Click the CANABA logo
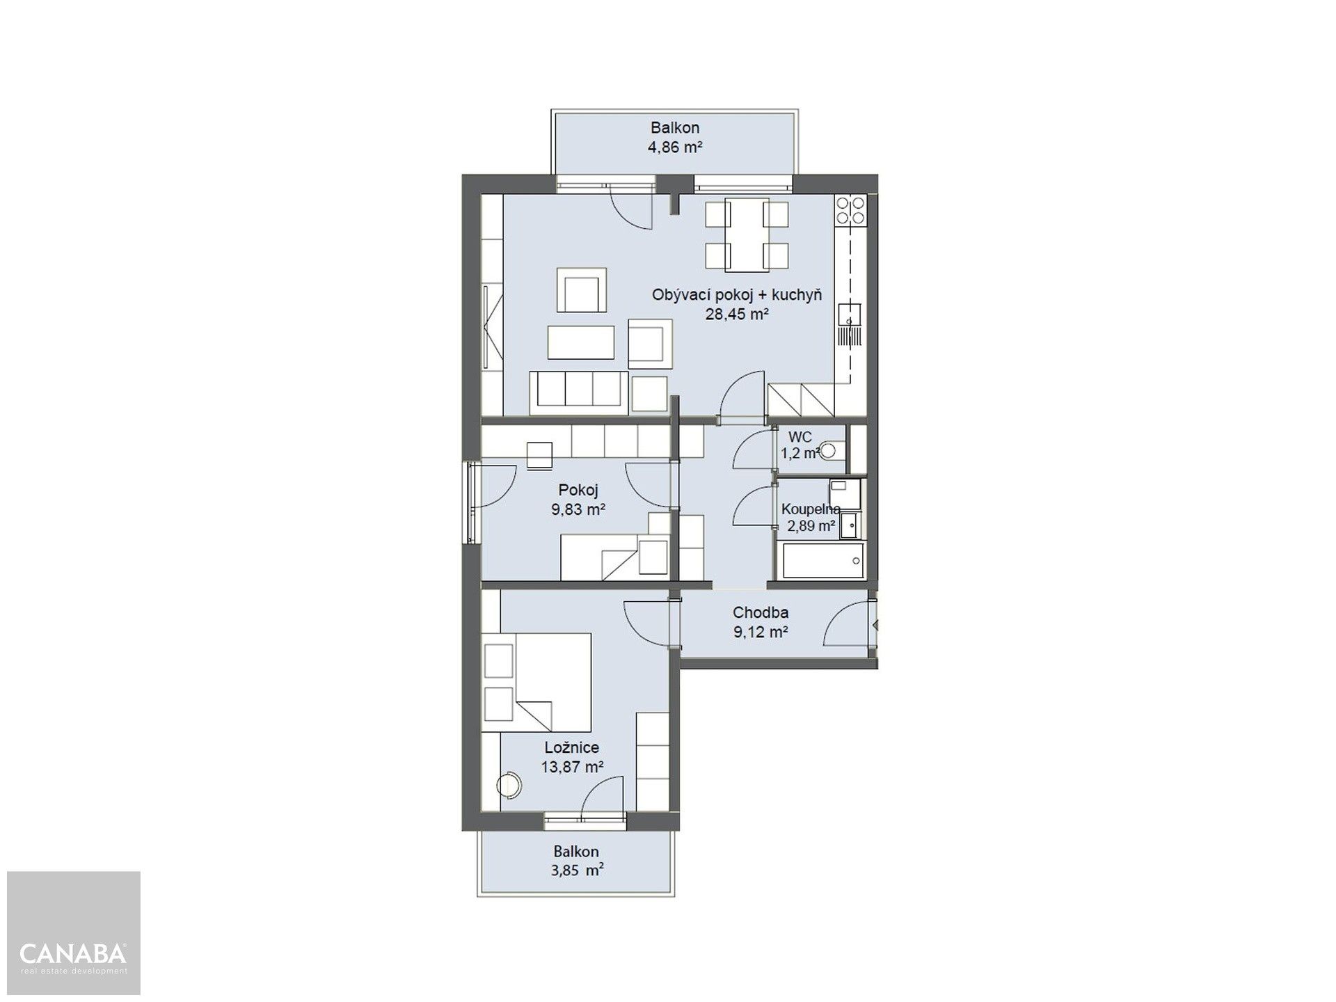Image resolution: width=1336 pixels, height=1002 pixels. pyautogui.click(x=73, y=955)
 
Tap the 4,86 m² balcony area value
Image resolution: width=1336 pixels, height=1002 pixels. pyautogui.click(x=675, y=148)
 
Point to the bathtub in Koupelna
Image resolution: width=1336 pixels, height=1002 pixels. pyautogui.click(x=823, y=560)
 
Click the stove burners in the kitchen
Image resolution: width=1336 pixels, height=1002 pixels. pyautogui.click(x=850, y=210)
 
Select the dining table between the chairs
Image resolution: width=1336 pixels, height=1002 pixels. pyautogui.click(x=746, y=234)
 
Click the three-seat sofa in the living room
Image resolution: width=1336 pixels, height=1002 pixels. pyautogui.click(x=579, y=388)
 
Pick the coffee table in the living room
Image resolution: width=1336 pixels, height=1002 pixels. pyautogui.click(x=581, y=342)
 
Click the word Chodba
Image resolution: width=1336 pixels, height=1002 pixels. pyautogui.click(x=761, y=613)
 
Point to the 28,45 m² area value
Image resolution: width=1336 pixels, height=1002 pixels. pyautogui.click(x=736, y=315)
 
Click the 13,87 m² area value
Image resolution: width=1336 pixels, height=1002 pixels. pyautogui.click(x=572, y=768)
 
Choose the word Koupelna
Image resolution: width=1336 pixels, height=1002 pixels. pyautogui.click(x=811, y=509)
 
